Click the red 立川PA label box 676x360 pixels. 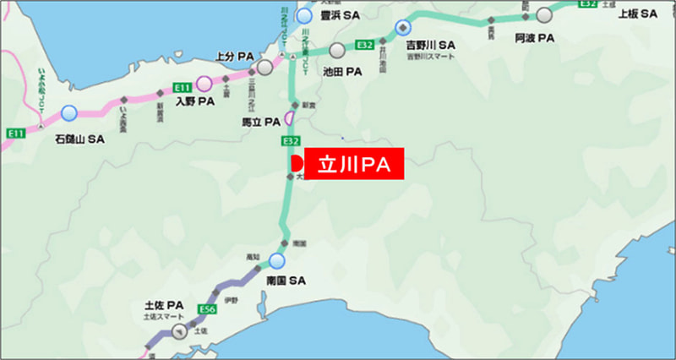click(x=354, y=164)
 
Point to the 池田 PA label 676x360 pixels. click(x=342, y=72)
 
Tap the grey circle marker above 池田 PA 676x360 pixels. click(x=338, y=50)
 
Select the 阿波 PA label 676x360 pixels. click(x=534, y=38)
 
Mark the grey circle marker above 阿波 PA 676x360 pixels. click(x=544, y=14)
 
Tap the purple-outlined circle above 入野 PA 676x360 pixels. click(x=204, y=83)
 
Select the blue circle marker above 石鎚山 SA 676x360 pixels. click(x=68, y=112)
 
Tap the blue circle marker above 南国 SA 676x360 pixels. click(x=277, y=260)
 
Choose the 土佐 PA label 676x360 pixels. click(x=164, y=305)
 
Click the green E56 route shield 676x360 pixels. click(x=208, y=310)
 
